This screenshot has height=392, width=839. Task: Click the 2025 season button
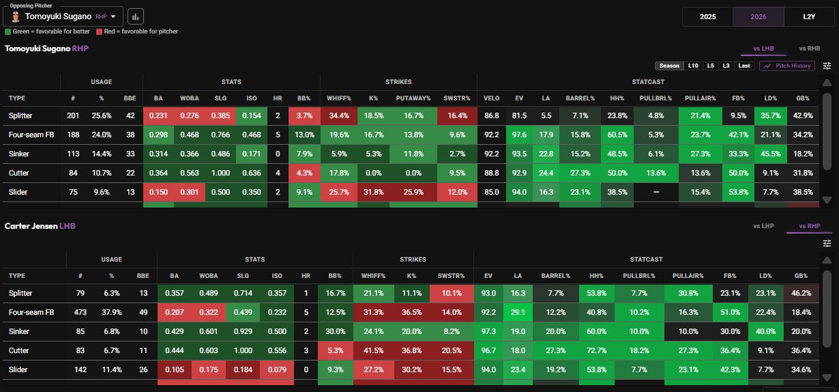707,17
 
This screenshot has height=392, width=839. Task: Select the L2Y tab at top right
809,17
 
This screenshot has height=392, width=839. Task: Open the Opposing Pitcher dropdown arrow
113,16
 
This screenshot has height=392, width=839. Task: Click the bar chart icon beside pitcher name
136,16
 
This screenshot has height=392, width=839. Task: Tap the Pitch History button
787,66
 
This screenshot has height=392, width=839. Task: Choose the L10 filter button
693,66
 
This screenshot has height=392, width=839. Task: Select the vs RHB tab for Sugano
810,48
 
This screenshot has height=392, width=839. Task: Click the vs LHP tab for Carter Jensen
763,226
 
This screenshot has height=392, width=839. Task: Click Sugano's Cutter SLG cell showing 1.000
220,173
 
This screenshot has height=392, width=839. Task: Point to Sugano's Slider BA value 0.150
158,192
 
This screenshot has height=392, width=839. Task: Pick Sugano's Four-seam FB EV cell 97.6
519,135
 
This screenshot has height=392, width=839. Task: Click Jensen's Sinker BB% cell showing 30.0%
335,332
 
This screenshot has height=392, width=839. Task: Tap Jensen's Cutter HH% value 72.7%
596,351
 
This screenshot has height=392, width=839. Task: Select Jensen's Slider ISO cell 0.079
277,370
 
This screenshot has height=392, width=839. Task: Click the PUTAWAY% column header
413,98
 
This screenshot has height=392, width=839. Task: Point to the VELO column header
491,98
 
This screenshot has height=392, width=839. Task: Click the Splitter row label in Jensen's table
20,294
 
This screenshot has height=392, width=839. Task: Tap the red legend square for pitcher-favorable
100,31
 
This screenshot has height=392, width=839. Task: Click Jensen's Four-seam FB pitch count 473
80,313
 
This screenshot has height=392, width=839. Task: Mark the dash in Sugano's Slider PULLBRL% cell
656,192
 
